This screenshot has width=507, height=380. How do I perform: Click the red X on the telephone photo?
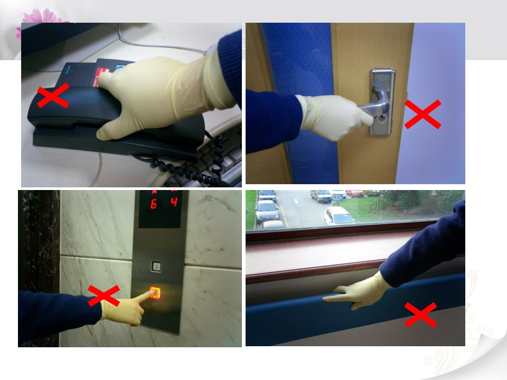pyautogui.click(x=53, y=96)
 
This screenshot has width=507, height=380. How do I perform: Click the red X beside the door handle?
pyautogui.click(x=422, y=114)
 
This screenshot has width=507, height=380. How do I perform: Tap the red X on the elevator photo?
pyautogui.click(x=104, y=296)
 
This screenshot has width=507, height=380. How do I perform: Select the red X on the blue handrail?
pyautogui.click(x=421, y=315)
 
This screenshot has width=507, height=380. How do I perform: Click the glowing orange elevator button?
pyautogui.click(x=155, y=293)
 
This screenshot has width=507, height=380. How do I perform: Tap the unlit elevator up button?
pyautogui.click(x=156, y=266)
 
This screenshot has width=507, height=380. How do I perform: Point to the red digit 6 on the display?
pyautogui.click(x=154, y=204)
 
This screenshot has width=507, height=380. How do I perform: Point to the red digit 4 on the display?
pyautogui.click(x=174, y=202)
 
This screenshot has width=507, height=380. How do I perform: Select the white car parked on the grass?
pyautogui.click(x=339, y=216)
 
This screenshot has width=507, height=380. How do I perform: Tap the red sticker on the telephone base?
pyautogui.click(x=101, y=76)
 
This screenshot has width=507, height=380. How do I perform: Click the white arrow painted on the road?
pyautogui.click(x=296, y=201)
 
